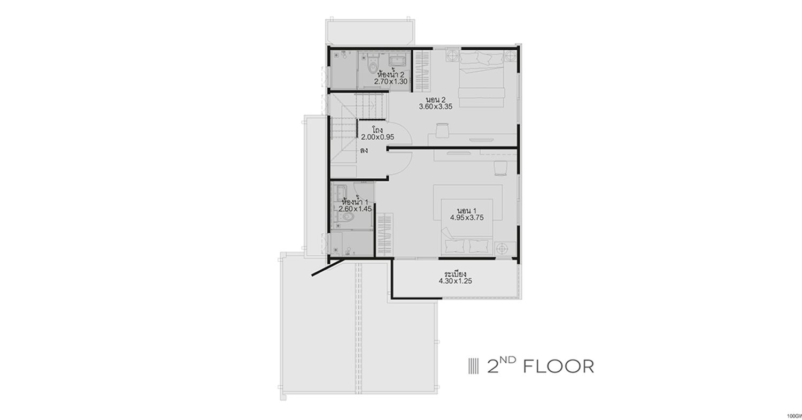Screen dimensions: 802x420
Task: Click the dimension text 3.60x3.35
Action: (x=436, y=106)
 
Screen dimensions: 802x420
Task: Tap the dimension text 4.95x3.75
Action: (x=467, y=217)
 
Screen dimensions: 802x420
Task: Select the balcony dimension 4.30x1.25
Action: (x=456, y=281)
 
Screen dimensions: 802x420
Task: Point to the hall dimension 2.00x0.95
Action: (x=377, y=137)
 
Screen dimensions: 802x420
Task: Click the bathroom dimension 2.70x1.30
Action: (x=391, y=81)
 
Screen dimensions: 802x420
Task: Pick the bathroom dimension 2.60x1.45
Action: (x=355, y=209)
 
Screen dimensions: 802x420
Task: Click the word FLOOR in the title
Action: (x=559, y=366)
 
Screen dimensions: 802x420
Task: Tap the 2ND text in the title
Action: (x=502, y=365)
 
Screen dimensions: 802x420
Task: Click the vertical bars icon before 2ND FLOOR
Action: (x=473, y=366)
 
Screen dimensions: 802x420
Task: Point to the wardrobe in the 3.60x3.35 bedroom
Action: (x=422, y=71)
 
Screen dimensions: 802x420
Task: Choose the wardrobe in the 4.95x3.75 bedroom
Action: (x=384, y=234)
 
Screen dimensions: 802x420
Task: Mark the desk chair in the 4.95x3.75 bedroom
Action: (x=500, y=168)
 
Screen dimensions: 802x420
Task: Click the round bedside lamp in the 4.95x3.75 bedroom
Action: (x=503, y=248)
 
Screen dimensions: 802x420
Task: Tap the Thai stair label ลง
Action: (x=364, y=150)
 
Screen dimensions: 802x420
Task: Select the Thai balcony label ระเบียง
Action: (x=455, y=274)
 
